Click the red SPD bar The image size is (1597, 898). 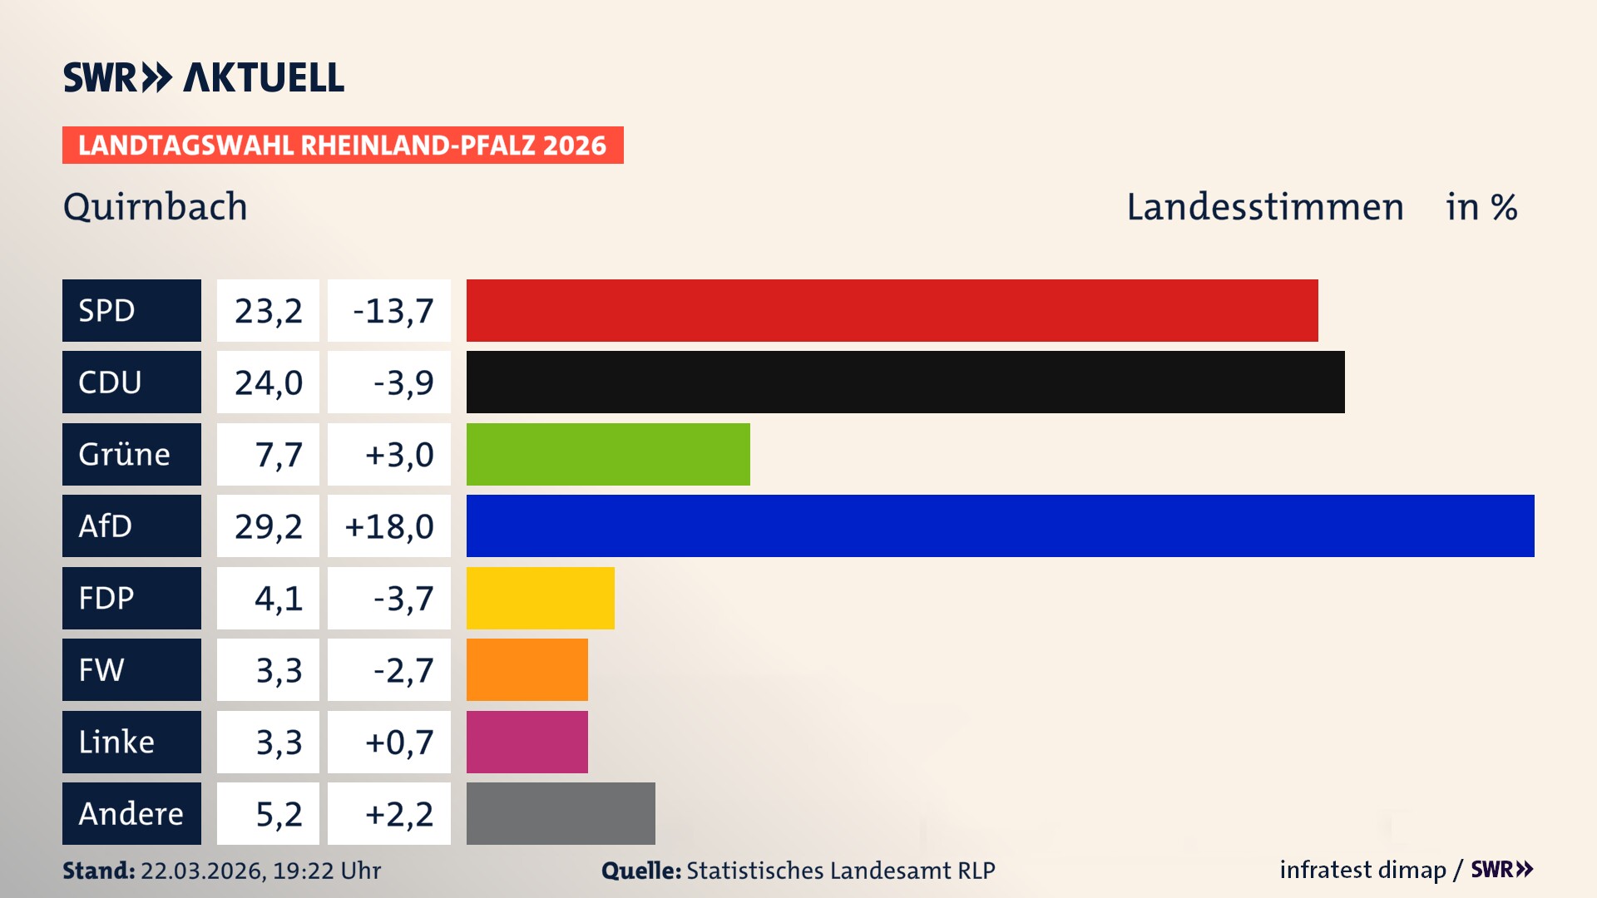click(x=892, y=310)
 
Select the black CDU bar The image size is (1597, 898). click(x=905, y=382)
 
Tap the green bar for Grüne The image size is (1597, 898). click(x=608, y=454)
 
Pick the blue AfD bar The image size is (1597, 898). click(x=1000, y=525)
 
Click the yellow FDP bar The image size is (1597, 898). click(x=540, y=598)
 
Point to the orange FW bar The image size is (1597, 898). click(x=527, y=669)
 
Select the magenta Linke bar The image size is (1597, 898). click(x=527, y=742)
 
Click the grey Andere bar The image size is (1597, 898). click(x=561, y=813)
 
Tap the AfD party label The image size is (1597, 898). click(x=131, y=525)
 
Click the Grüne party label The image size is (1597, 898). click(x=131, y=454)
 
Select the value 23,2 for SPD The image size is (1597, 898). click(x=268, y=311)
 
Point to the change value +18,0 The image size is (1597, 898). click(x=389, y=526)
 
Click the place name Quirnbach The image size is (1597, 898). click(x=155, y=206)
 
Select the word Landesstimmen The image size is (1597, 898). click(x=1264, y=206)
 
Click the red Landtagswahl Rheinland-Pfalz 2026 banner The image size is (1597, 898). click(x=343, y=145)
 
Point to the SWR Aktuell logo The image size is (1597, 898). click(x=204, y=77)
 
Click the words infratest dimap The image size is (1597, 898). click(x=1362, y=870)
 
